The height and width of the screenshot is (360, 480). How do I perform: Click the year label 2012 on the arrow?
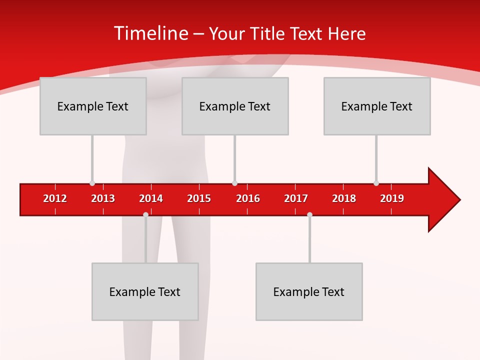tap(55, 198)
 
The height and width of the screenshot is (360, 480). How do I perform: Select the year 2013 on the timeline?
tap(103, 198)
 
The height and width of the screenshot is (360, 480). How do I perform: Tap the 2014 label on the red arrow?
tap(151, 198)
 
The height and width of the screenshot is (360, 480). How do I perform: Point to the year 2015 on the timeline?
tap(199, 198)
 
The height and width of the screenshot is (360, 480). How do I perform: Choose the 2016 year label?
tap(248, 198)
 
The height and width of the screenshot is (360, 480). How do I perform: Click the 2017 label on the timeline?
tap(296, 198)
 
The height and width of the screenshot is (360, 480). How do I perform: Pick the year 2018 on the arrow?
tap(344, 198)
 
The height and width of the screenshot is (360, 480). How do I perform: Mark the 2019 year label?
tap(392, 198)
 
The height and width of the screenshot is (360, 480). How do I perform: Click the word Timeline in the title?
tap(150, 33)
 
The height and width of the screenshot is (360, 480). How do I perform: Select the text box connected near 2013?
tap(93, 106)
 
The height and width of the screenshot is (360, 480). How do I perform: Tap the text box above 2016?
tap(235, 106)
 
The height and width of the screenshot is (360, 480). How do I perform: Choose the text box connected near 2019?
tap(377, 106)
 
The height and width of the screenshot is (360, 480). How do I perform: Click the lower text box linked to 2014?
tap(145, 291)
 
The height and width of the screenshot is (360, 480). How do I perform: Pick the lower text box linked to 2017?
tap(309, 291)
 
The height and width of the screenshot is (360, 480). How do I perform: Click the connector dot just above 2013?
tap(92, 183)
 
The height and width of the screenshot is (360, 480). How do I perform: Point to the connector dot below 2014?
tap(145, 214)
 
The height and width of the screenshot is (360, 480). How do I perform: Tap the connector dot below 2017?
tap(309, 214)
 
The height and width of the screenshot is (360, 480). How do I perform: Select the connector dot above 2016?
tap(234, 183)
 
